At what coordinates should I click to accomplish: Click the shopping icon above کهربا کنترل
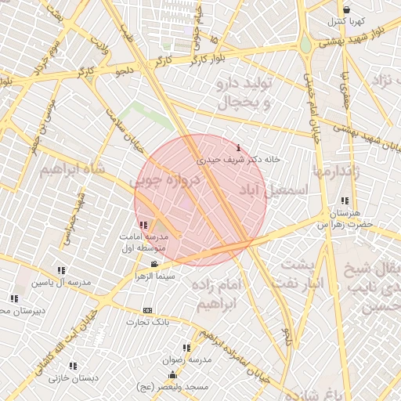[x=345, y=9]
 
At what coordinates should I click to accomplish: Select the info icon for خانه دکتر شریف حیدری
[x=238, y=147]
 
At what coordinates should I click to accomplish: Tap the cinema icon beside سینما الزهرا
[x=154, y=263]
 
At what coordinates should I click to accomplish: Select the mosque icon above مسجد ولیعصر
[x=172, y=375]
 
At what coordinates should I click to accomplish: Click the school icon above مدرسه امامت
[x=142, y=226]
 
